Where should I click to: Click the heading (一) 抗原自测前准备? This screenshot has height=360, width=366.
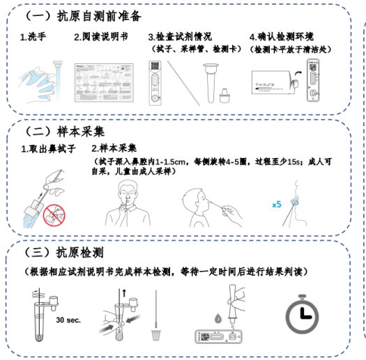click(x=83, y=16)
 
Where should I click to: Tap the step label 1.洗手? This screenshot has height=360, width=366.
click(x=33, y=37)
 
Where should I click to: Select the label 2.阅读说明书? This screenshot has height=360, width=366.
click(x=101, y=37)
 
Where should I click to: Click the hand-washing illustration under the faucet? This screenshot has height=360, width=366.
click(x=40, y=81)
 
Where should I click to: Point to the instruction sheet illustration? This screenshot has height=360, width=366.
click(x=104, y=83)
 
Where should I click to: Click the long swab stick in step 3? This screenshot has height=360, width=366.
click(x=183, y=83)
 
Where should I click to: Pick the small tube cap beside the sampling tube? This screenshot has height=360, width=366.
click(x=224, y=95)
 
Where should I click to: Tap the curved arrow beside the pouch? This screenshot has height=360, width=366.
click(x=298, y=74)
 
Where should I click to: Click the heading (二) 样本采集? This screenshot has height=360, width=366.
click(x=64, y=132)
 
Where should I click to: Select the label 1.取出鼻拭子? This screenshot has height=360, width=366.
click(x=48, y=149)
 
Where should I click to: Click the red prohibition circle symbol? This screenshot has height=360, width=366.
click(x=54, y=215)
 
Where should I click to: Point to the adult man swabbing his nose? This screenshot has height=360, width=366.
click(x=128, y=203)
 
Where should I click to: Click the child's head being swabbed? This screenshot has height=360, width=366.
click(x=196, y=201)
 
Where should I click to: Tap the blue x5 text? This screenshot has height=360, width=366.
click(x=277, y=205)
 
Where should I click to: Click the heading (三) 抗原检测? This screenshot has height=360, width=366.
click(x=64, y=253)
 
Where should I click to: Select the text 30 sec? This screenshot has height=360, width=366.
click(x=68, y=320)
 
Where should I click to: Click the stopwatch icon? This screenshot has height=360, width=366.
click(x=303, y=314)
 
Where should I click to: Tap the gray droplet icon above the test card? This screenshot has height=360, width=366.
click(x=218, y=318)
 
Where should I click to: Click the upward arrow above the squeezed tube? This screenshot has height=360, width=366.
click(x=124, y=293)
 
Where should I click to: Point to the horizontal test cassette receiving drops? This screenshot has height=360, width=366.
click(x=218, y=337)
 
